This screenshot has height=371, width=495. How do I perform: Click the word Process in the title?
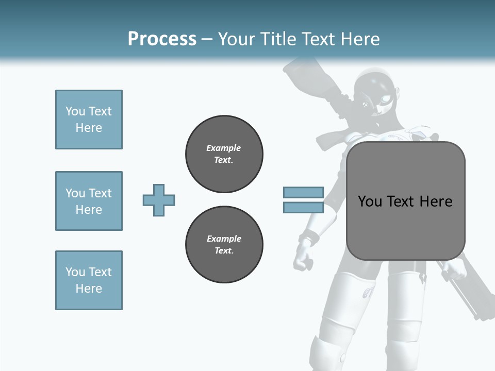click(x=162, y=39)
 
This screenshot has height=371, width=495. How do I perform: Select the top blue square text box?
click(x=89, y=120)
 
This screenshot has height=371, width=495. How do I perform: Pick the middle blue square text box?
click(x=89, y=201)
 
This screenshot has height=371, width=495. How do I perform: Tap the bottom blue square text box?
click(x=89, y=280)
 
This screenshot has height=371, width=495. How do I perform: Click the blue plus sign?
click(x=159, y=200)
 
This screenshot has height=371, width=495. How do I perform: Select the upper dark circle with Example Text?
click(x=224, y=154)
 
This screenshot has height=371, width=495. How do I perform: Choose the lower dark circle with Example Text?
click(x=224, y=245)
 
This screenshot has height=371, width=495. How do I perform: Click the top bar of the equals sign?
click(x=303, y=193)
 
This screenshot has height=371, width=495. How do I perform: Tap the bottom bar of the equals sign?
click(x=303, y=208)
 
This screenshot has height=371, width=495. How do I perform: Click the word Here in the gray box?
click(x=436, y=201)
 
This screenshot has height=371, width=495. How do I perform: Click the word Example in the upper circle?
click(x=223, y=148)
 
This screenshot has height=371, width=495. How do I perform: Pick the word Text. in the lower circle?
click(x=224, y=251)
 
